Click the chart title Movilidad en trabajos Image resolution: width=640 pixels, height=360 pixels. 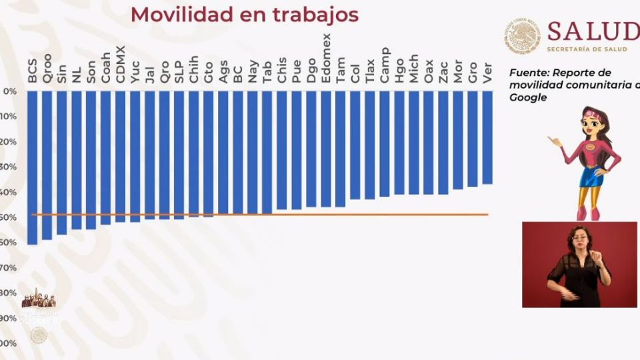245,14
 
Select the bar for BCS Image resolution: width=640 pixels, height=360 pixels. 32,167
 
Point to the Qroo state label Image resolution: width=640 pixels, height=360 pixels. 47,67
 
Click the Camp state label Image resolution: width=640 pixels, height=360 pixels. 385,65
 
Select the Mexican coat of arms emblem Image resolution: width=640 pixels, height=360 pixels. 522,35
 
